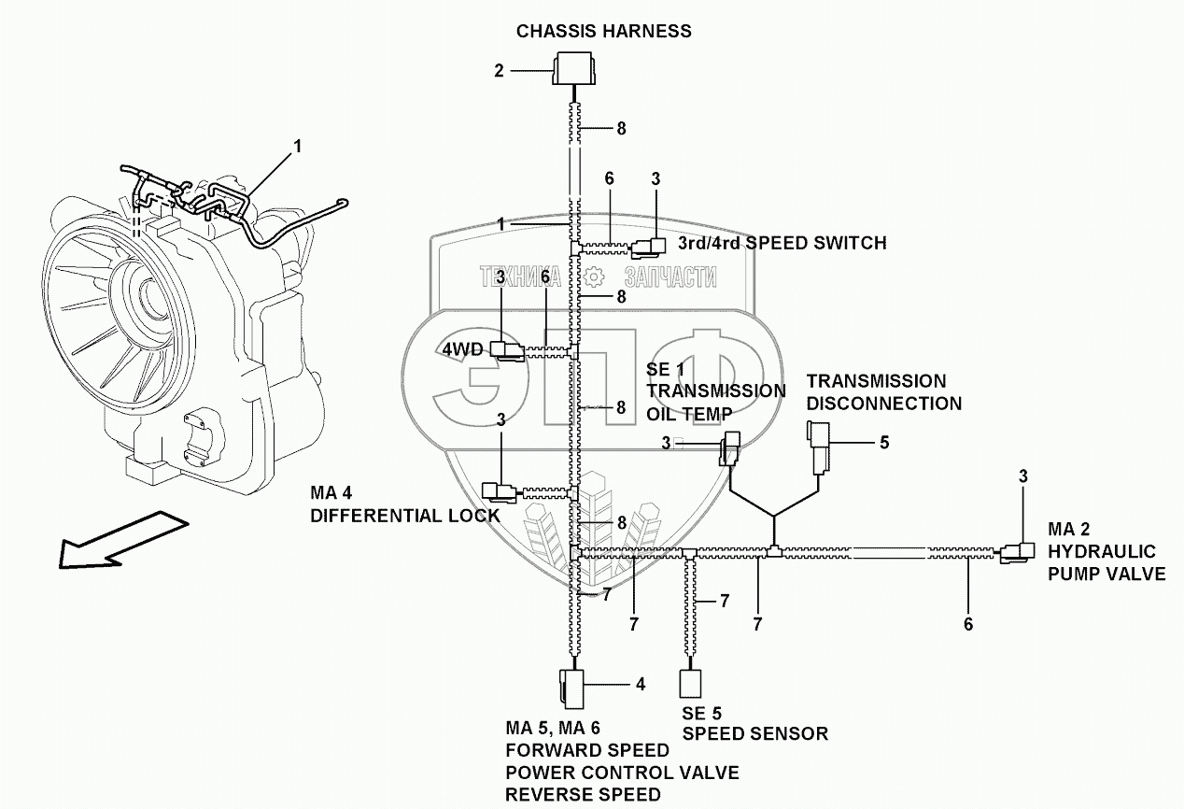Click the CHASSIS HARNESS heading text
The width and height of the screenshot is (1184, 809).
604,31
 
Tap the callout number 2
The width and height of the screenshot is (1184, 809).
499,69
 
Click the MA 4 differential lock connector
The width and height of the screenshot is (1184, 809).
499,491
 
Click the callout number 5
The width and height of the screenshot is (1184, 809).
883,442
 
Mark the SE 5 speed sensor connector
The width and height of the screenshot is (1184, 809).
690,683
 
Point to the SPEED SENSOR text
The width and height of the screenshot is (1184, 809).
754,733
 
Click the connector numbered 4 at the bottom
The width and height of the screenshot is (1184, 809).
571,688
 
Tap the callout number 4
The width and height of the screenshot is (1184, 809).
641,684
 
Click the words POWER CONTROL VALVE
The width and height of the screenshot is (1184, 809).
622,773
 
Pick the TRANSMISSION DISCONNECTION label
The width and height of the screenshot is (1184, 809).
883,392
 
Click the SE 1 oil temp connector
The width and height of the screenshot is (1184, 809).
728,447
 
